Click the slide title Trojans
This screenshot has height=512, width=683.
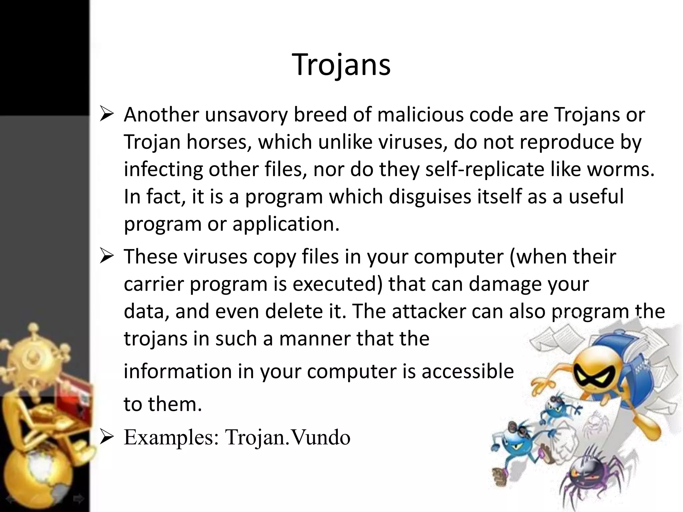coord(341,65)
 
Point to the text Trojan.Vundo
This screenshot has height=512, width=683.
coord(287,437)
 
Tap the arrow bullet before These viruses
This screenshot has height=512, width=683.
coord(107,257)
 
